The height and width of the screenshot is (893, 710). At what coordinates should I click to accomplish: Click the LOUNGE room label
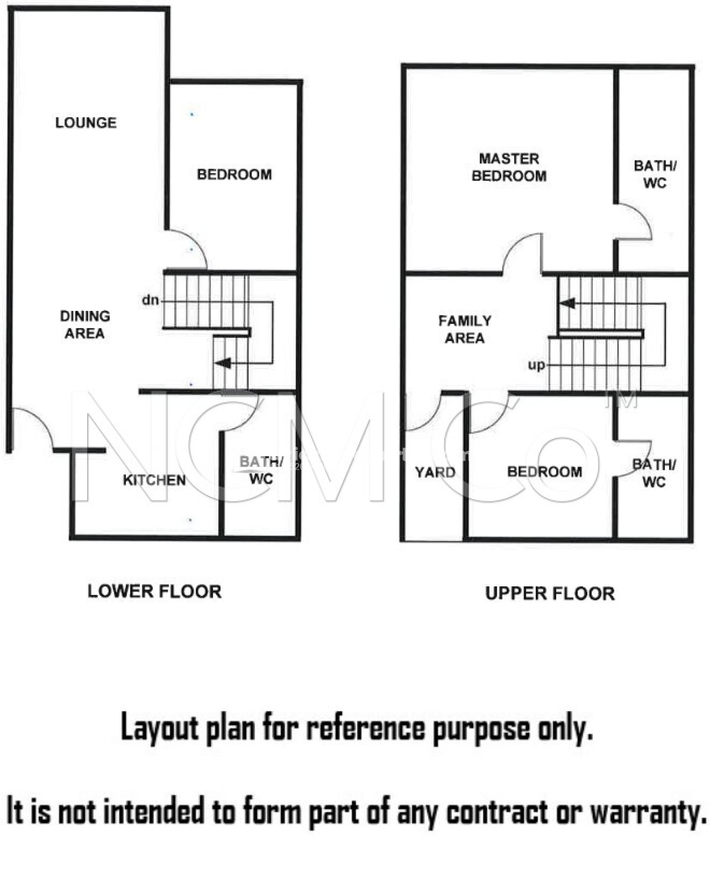coord(86,123)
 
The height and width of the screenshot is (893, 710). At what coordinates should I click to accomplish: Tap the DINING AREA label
coord(85,325)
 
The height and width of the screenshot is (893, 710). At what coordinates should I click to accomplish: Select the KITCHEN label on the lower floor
coord(154,480)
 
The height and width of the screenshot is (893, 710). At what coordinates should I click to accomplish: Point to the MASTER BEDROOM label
coord(509,167)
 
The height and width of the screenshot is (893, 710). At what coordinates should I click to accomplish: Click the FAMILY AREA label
coord(465,329)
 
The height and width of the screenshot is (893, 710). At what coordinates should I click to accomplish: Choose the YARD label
coord(435,472)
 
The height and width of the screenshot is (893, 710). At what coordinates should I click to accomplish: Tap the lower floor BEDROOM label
coord(234,174)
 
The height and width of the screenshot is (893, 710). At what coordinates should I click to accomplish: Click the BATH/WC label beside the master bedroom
coord(655,174)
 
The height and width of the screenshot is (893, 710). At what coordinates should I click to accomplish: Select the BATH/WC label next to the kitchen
coord(261,470)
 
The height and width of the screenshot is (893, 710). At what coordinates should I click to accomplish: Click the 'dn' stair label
coord(150,300)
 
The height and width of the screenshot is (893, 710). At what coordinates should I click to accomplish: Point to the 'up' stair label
coord(537,365)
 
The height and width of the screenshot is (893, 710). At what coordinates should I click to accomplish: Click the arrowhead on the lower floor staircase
coord(223,362)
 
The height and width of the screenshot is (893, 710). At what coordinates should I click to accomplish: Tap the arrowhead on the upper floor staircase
coord(567,303)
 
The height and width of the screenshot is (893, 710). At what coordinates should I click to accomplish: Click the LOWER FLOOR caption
coord(155,592)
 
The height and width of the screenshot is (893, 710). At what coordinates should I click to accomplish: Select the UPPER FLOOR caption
coord(550,593)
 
